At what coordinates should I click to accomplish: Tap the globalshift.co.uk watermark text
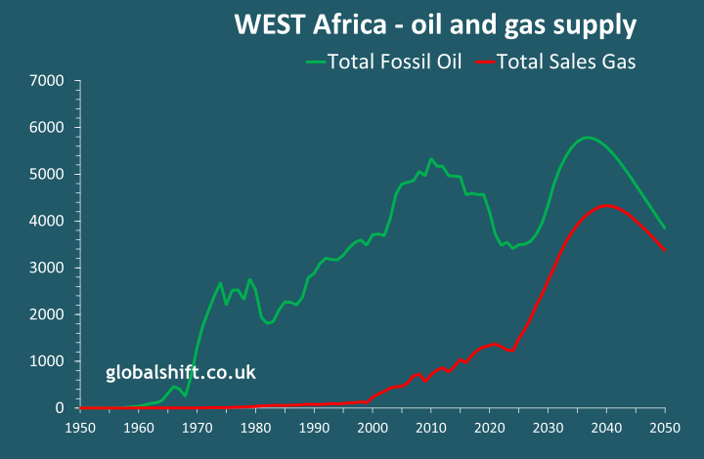click(181, 372)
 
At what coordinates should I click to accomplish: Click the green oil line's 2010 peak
click(430, 158)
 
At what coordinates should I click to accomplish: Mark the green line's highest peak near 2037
click(587, 138)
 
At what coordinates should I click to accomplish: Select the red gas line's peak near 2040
click(607, 205)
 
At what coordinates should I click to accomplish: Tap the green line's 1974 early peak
click(220, 283)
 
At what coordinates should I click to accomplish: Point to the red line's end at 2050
click(666, 251)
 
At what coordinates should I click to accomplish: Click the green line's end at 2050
click(666, 229)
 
